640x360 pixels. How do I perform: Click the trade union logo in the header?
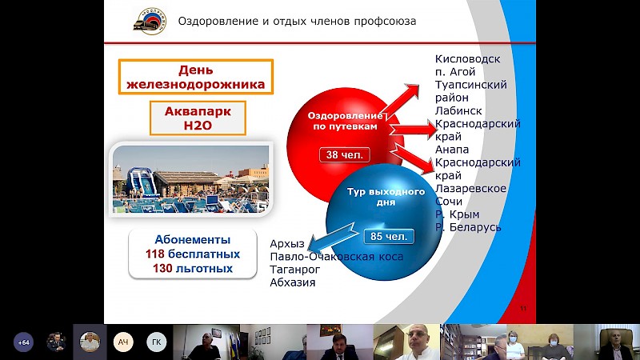click(150, 22)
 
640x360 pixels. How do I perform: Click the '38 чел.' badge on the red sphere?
click(345, 155)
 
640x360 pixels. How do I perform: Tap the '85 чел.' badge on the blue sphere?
click(389, 236)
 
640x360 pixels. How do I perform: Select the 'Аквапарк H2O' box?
click(198, 118)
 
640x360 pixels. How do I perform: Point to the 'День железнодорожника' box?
click(196, 77)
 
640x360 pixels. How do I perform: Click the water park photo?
click(190, 179)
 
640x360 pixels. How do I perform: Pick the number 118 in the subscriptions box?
click(154, 254)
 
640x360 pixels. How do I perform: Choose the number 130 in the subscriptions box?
click(162, 269)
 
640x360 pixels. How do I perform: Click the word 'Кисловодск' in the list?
click(468, 59)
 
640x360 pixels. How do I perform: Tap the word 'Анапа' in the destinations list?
click(452, 150)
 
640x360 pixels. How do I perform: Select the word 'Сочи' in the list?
click(449, 202)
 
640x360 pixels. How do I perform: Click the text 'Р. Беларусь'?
click(468, 227)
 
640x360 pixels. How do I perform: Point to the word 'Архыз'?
click(287, 244)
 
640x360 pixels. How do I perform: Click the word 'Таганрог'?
click(295, 270)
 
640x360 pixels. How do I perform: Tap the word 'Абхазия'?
click(293, 282)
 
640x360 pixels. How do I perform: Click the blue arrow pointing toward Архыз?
click(334, 238)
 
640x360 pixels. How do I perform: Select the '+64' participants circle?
click(24, 342)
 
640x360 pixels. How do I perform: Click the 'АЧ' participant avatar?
click(123, 342)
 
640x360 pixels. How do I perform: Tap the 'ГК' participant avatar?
click(157, 342)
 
